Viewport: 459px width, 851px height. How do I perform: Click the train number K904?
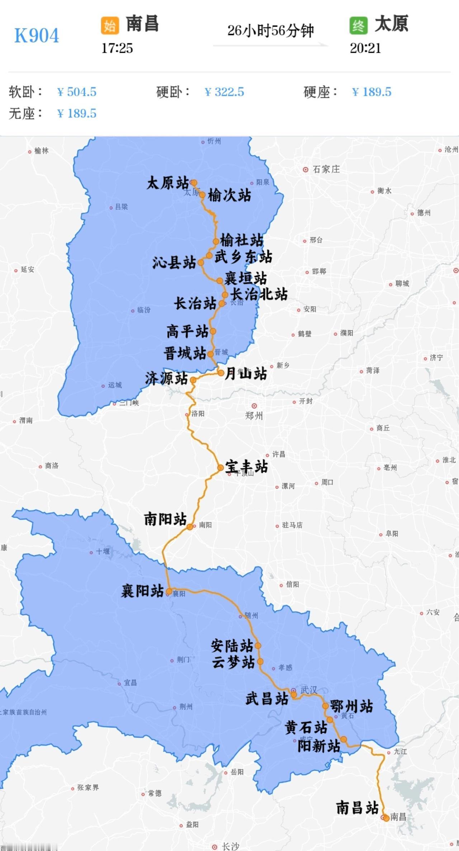click(37, 36)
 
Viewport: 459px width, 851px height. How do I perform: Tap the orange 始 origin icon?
click(110, 25)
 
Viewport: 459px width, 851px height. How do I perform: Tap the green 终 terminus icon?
click(358, 25)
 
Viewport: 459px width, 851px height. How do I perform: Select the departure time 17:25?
click(117, 48)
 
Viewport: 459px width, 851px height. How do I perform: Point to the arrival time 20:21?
click(365, 48)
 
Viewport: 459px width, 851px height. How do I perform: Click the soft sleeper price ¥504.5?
click(77, 92)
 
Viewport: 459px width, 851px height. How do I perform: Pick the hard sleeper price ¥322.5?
click(224, 92)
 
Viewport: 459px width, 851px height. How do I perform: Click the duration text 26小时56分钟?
click(270, 31)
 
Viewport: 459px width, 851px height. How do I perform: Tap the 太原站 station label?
click(167, 183)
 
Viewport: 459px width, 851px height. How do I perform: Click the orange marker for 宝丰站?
click(221, 468)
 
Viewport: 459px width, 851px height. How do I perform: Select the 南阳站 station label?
click(165, 519)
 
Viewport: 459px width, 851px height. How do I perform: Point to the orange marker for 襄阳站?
click(169, 591)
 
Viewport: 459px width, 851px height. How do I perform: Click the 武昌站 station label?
click(267, 699)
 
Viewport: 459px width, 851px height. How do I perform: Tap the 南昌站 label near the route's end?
click(357, 808)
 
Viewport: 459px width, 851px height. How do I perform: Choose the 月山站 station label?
click(246, 374)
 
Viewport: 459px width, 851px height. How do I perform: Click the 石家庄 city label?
click(326, 169)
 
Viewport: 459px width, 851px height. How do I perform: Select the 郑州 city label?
click(254, 416)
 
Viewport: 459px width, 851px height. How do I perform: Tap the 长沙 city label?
click(230, 846)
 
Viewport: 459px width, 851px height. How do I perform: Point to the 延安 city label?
click(27, 270)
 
